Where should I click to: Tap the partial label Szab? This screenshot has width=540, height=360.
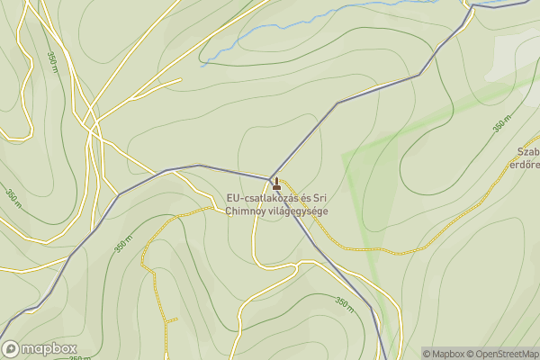coord(527,152)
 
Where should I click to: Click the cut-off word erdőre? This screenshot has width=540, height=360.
coord(526,165)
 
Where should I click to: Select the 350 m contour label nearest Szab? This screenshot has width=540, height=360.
coord(502,125)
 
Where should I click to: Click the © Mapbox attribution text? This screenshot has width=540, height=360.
coord(444,354)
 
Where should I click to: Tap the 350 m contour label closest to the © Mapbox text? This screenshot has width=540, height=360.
coord(344,304)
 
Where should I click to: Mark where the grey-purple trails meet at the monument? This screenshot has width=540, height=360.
coord(271,177)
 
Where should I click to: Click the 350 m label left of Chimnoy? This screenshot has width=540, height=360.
coord(123,245)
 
